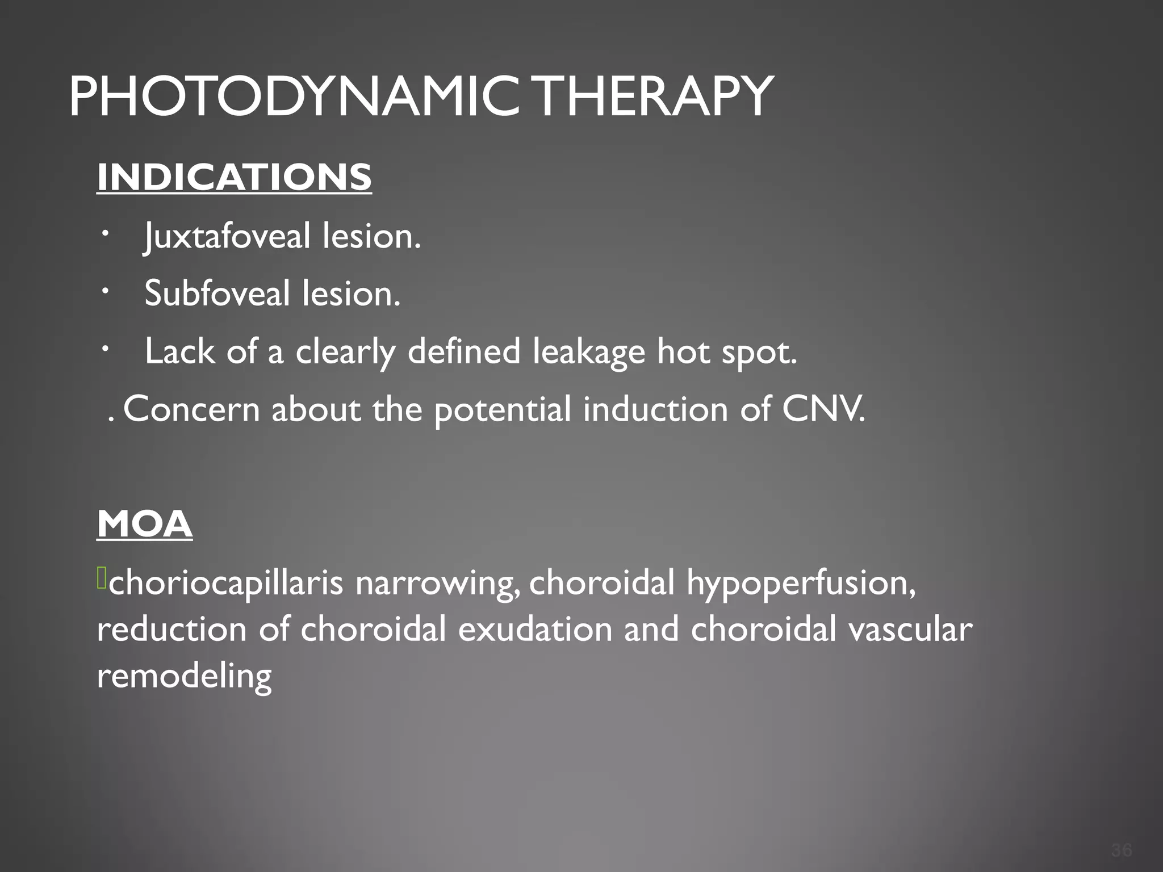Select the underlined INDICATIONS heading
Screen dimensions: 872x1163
(234, 177)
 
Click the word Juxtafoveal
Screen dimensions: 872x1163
(227, 236)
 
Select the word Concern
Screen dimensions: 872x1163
(191, 409)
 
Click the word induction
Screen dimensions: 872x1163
(655, 409)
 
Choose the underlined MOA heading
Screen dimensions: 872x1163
(145, 524)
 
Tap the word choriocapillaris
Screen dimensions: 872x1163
(226, 584)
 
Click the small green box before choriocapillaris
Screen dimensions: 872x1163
(101, 578)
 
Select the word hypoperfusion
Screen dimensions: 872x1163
(801, 584)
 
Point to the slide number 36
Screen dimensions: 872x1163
(1122, 850)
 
